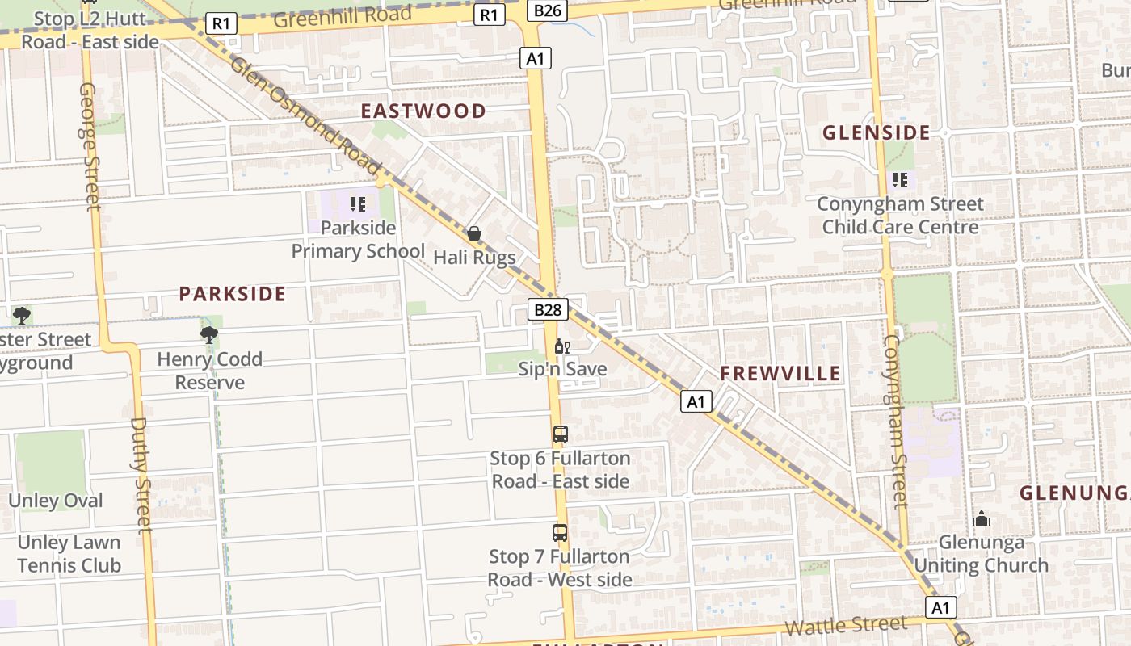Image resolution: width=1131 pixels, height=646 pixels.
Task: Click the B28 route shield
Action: click(x=549, y=309)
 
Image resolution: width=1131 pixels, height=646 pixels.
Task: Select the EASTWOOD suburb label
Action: click(x=423, y=111)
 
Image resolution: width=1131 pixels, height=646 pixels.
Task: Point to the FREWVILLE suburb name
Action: click(x=780, y=373)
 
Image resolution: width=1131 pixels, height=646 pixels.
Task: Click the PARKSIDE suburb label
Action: click(x=233, y=294)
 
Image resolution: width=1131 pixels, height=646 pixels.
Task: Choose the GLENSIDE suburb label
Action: click(x=877, y=132)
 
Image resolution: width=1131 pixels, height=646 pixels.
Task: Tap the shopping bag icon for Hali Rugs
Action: click(x=474, y=233)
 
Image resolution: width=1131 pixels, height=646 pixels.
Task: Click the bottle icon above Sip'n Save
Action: click(x=561, y=346)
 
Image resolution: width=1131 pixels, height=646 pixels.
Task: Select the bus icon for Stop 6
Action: click(x=561, y=434)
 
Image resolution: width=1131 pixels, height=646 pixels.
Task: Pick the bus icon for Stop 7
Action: click(x=560, y=532)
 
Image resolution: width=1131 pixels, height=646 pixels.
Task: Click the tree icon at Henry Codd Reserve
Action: click(x=209, y=334)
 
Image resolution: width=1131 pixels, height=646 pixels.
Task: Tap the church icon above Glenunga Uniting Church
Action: click(x=982, y=518)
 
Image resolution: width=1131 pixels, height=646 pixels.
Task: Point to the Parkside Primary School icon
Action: click(x=357, y=203)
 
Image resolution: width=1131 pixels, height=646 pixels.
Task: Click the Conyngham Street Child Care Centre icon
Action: click(x=900, y=179)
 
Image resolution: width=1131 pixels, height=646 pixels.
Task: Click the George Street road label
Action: click(x=89, y=145)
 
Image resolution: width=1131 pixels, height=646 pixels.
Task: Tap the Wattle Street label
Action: click(x=846, y=626)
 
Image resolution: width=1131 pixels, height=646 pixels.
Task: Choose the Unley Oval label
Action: click(x=55, y=501)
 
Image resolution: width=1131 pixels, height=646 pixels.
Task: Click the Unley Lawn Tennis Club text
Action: click(x=69, y=554)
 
